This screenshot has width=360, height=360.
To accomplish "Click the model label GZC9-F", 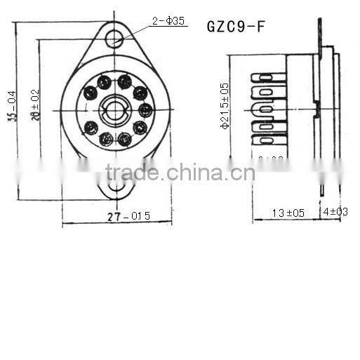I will pos(236,26).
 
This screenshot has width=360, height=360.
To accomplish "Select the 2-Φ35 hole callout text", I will pos(169,21).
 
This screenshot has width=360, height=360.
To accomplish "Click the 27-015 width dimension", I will pos(128,216).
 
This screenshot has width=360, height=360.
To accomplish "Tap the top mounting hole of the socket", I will pos(114,38).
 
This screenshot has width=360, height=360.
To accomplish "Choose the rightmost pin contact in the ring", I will pos(145,110).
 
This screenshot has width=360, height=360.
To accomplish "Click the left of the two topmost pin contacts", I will pos(104,83).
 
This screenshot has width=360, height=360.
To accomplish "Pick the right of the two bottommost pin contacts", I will pos(124,139).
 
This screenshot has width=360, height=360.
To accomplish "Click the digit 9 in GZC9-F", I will pos(242,26).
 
